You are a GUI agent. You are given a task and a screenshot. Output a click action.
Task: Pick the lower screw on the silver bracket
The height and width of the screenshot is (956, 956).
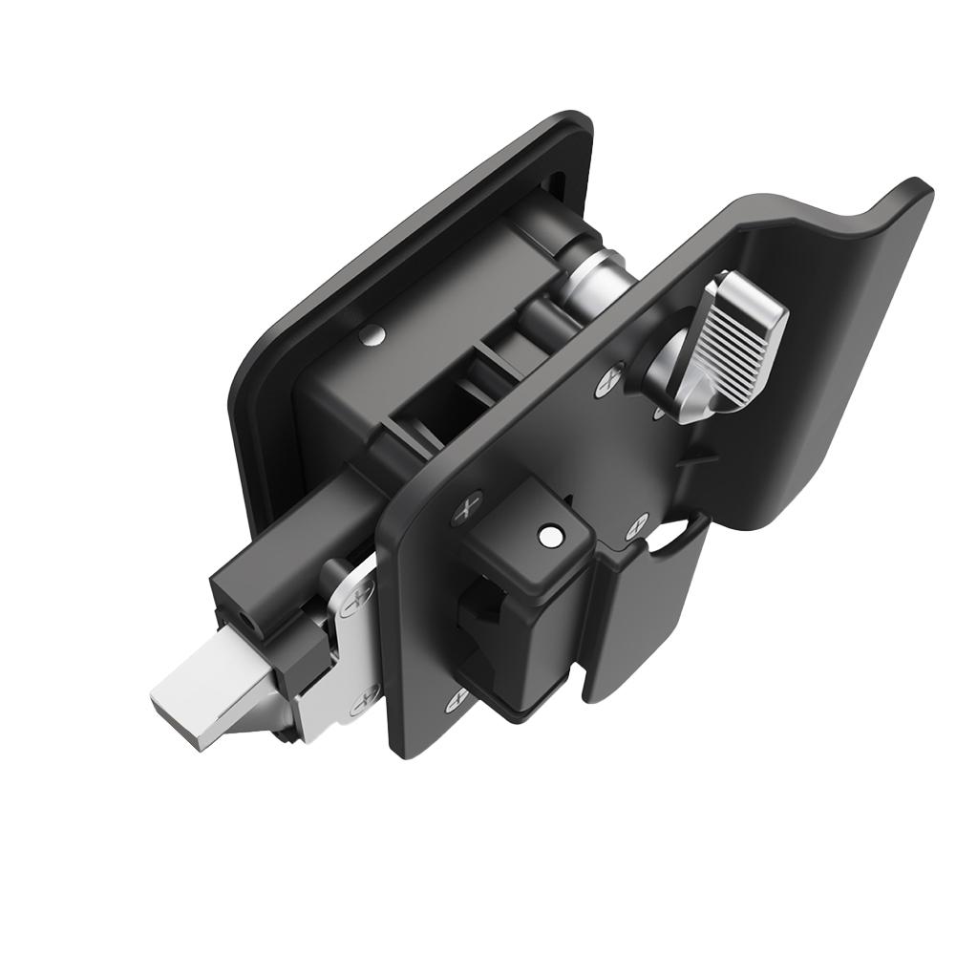pyautogui.click(x=363, y=705)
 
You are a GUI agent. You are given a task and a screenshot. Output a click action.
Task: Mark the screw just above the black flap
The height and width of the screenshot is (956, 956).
pyautogui.click(x=636, y=524)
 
